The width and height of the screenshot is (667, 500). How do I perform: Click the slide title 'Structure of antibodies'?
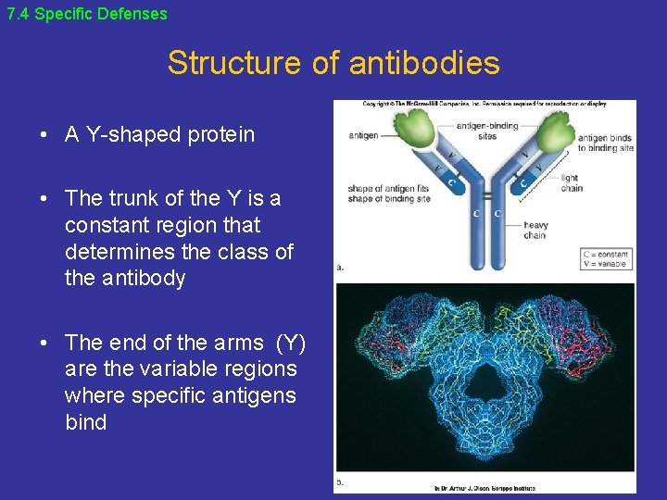(333, 63)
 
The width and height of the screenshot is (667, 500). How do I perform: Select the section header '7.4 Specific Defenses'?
(87, 14)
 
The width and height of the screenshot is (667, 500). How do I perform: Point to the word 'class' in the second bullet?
(240, 251)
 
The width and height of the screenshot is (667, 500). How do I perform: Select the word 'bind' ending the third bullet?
(85, 422)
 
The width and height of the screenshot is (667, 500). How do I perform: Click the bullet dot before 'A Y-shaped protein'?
(44, 135)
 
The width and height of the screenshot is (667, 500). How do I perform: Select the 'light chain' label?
(572, 183)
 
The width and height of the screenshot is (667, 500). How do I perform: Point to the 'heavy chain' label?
(535, 230)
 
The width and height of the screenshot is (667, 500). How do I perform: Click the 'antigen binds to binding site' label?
(606, 143)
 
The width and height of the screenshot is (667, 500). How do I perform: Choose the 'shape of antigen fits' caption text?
(388, 189)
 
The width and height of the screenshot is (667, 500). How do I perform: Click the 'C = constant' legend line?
(606, 254)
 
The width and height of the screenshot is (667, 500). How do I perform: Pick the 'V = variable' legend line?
(606, 264)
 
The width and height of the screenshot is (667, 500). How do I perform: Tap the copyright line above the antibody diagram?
(485, 104)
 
